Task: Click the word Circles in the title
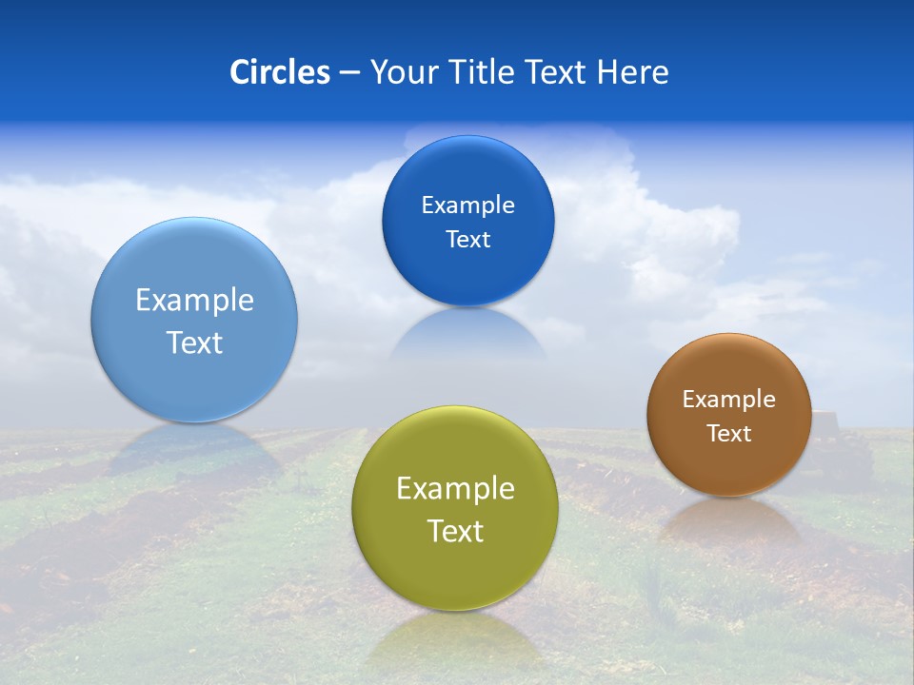(x=279, y=72)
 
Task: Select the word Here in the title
(x=632, y=72)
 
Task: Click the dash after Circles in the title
(x=349, y=73)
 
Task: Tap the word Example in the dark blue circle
(x=467, y=205)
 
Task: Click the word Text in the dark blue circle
(x=467, y=240)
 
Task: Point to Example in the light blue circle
(x=194, y=301)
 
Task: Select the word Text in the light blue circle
(x=194, y=343)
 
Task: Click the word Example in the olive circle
(x=455, y=489)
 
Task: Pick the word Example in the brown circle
(x=728, y=400)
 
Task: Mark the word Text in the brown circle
(x=728, y=434)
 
